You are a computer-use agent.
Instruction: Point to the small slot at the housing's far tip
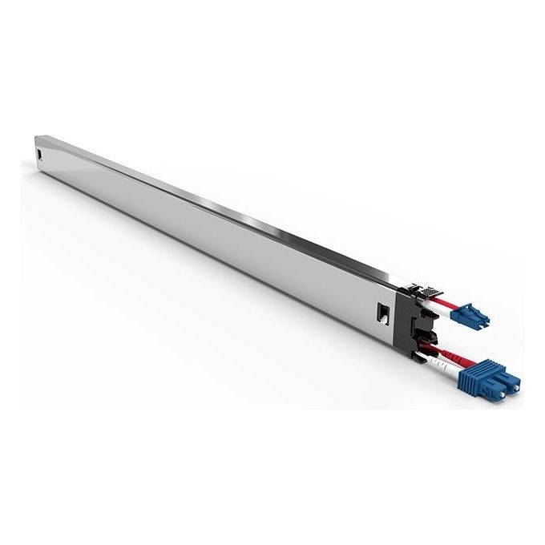[39, 152]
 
